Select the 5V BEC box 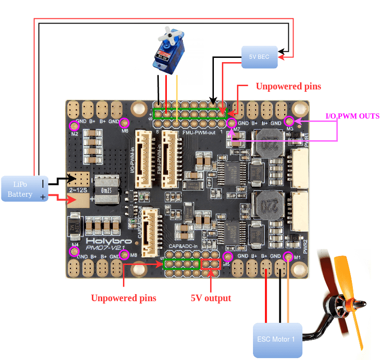click(x=260, y=57)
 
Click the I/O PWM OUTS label click(x=352, y=116)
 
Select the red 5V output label click(x=211, y=298)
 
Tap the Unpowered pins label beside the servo click(x=288, y=87)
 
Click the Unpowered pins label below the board click(x=123, y=298)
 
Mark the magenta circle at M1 click(x=288, y=256)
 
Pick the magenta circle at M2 click(x=74, y=126)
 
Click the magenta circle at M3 click(x=290, y=121)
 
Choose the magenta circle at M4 click(x=74, y=251)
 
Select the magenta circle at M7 click(x=231, y=123)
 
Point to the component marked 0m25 click(x=108, y=190)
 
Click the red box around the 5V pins click(x=210, y=264)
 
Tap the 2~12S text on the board click(x=78, y=189)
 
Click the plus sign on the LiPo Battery click(x=43, y=197)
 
